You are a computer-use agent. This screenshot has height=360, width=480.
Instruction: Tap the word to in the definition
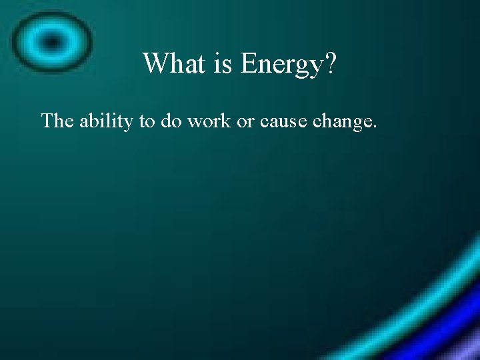point(147,122)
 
